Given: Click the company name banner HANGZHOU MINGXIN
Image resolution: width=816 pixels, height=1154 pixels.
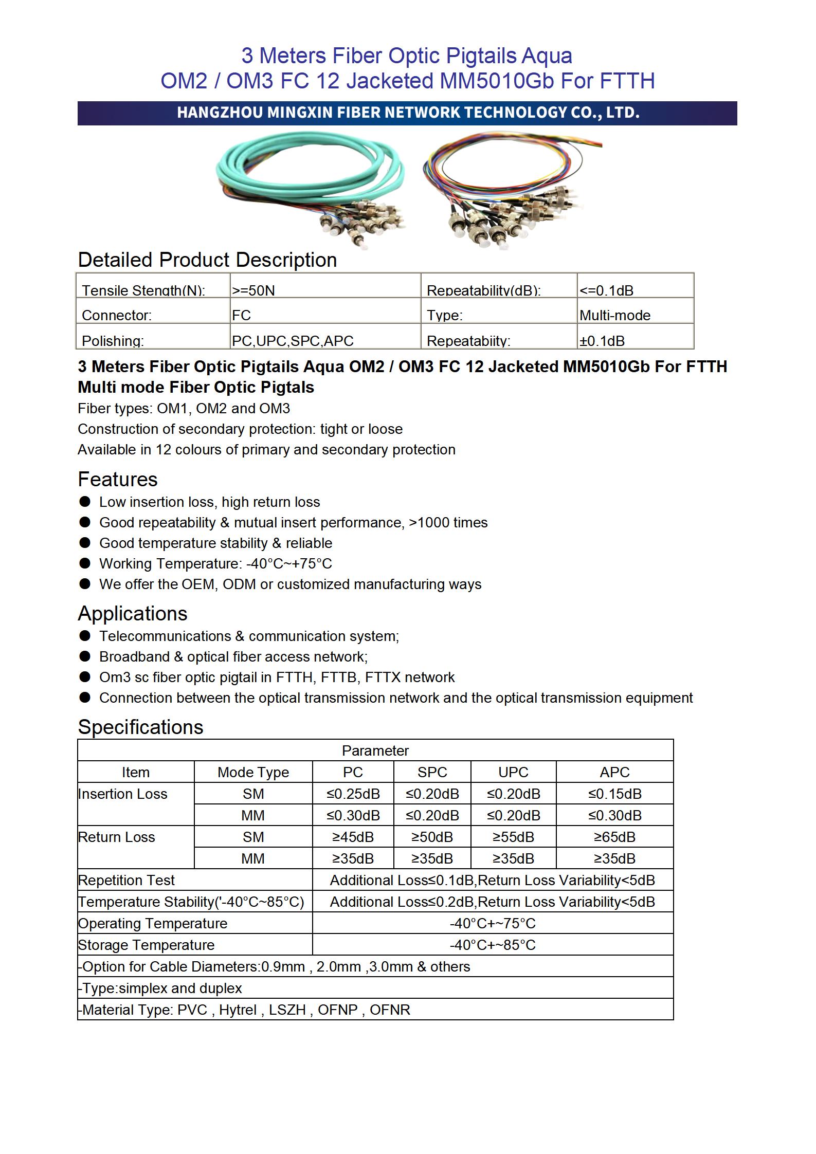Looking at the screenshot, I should pos(407,113).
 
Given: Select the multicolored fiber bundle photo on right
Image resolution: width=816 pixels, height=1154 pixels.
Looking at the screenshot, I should pos(512,193).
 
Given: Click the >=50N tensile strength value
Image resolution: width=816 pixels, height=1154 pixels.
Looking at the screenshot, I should pos(253,290).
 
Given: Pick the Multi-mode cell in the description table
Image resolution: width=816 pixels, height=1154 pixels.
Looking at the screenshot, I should pos(614,315).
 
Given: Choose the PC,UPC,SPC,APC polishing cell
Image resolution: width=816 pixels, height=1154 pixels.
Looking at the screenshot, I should pos(293,341).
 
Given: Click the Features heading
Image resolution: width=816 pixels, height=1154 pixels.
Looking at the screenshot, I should pos(118,479).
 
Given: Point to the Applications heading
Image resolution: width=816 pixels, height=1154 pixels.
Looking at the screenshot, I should pos(133,613).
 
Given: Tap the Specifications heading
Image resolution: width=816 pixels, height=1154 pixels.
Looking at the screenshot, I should pos(140,727).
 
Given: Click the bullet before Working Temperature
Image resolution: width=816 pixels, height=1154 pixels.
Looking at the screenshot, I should pos(85,563).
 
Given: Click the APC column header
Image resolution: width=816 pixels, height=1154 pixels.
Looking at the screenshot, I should pos(614,772).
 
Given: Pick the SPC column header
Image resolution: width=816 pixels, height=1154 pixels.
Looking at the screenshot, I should pos(432,772).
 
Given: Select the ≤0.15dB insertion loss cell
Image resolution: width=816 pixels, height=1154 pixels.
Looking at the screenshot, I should pos(614,794).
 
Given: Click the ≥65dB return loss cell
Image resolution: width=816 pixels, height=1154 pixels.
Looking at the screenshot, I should pos(614,837).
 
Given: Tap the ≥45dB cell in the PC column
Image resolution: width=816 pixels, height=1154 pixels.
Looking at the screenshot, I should pos(353,837).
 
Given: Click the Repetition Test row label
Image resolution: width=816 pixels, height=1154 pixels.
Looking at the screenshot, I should pos(126,880).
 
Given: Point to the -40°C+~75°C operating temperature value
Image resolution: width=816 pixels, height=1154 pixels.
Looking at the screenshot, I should pos(493,923).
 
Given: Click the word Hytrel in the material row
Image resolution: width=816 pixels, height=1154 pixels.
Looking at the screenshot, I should pos(238,1010).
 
